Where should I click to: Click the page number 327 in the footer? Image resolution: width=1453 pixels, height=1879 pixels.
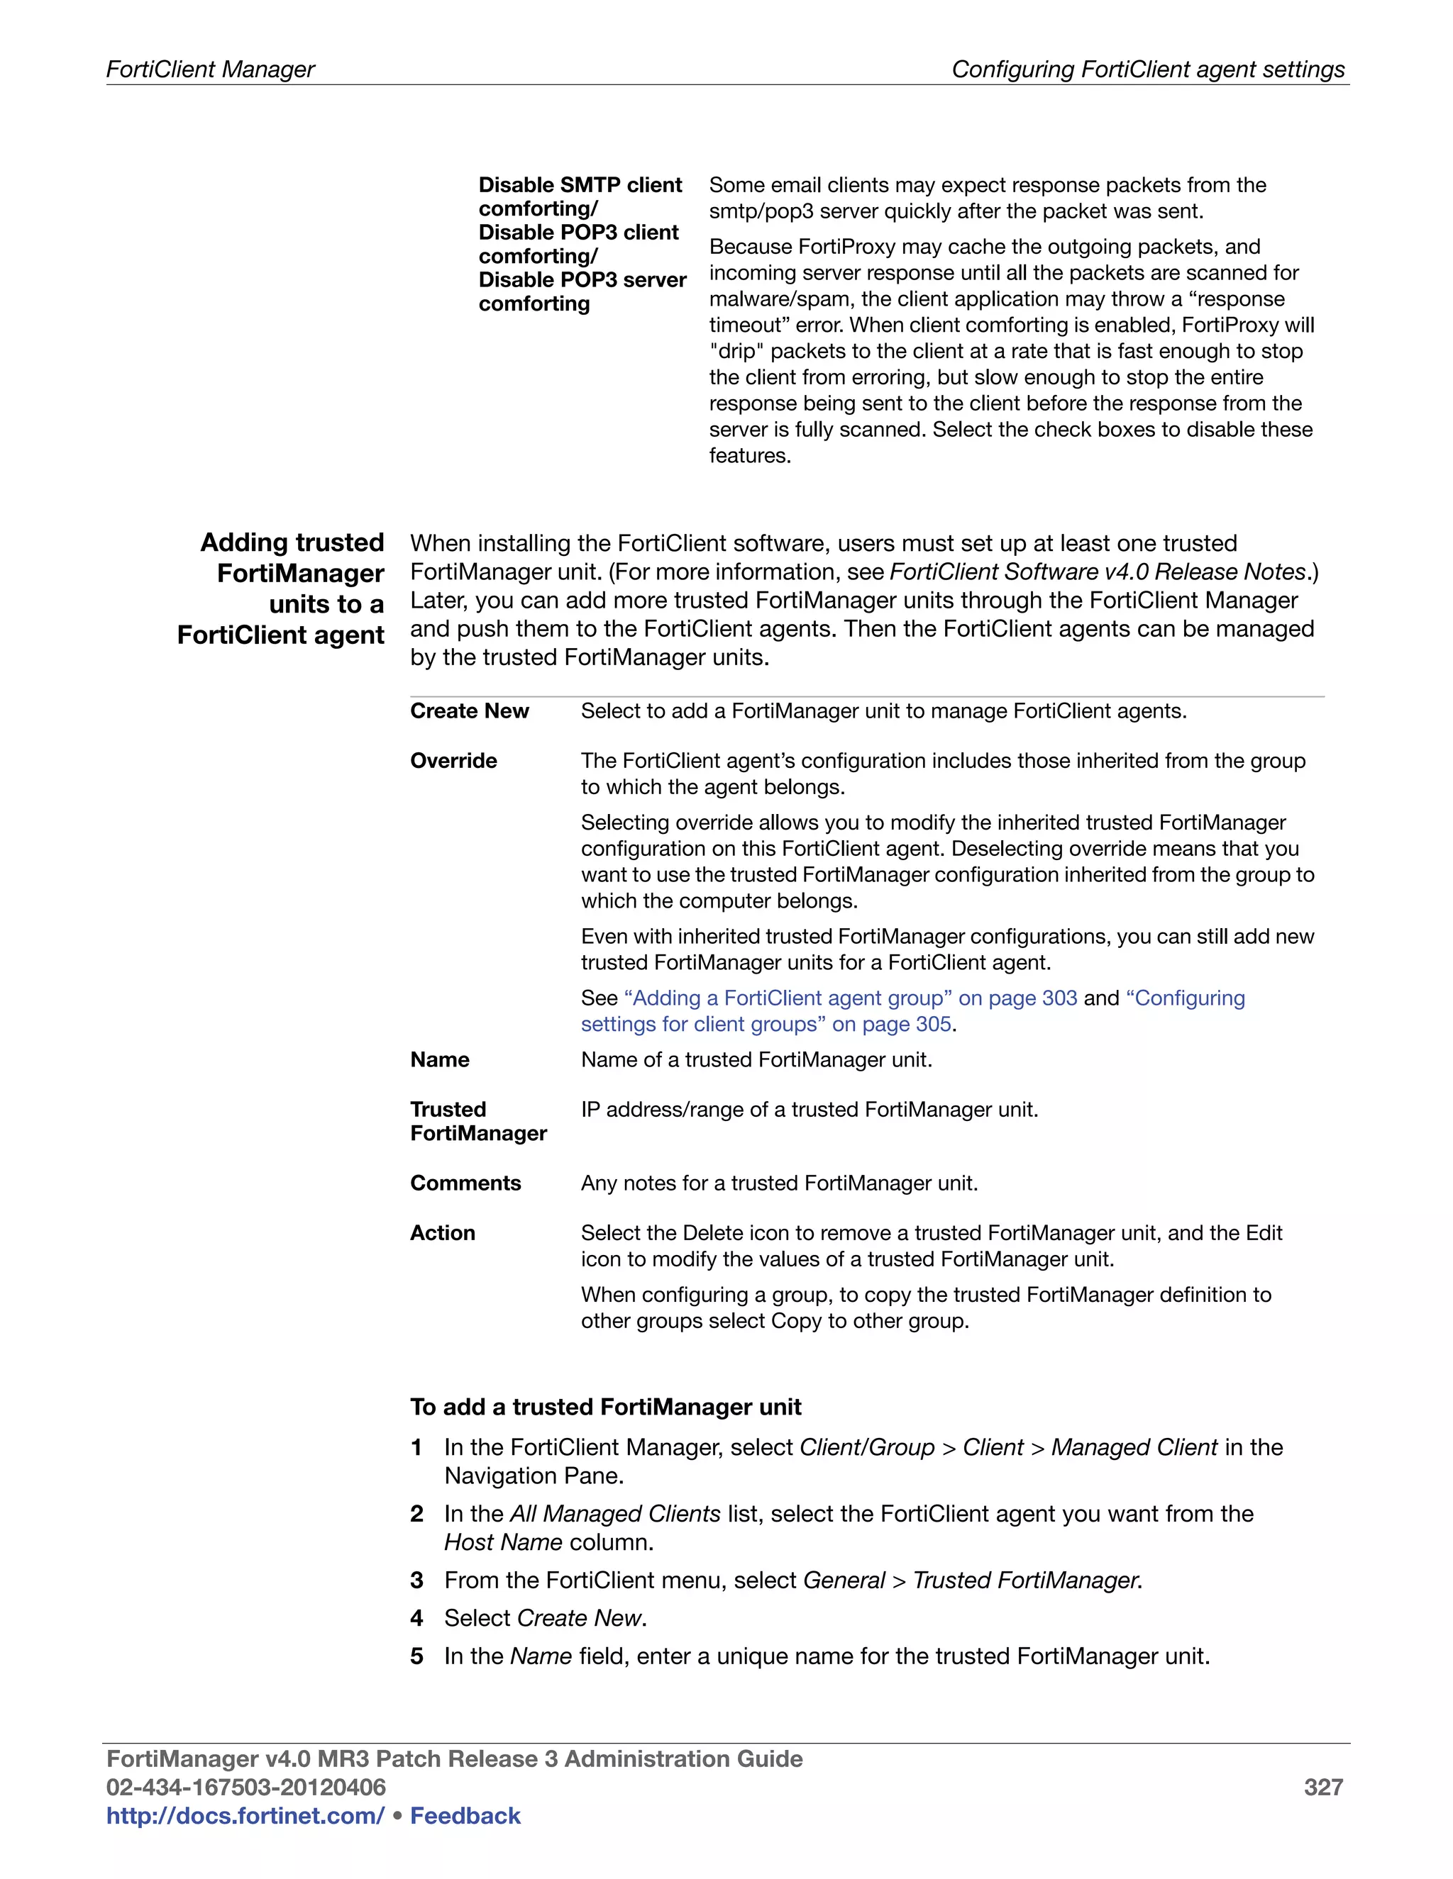tap(1323, 1787)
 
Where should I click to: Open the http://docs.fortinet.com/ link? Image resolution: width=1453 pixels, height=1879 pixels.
tap(245, 1815)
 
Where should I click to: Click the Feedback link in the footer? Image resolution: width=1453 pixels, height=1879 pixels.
tap(465, 1815)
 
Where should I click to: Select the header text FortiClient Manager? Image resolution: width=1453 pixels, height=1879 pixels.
tap(210, 69)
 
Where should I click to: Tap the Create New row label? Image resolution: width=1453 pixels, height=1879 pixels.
tap(469, 710)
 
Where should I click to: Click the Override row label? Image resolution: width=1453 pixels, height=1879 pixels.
tap(453, 761)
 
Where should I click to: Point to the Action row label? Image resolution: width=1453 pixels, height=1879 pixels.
tap(443, 1233)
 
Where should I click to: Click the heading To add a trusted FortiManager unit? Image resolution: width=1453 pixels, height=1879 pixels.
tap(605, 1407)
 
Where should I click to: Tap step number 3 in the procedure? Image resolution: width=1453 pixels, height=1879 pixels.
tap(416, 1580)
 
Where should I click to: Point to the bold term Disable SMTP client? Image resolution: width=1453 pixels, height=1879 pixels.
tap(580, 185)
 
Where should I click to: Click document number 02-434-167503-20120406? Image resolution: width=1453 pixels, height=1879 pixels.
tap(246, 1787)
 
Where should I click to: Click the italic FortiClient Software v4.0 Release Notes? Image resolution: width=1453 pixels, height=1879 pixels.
tap(1098, 572)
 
